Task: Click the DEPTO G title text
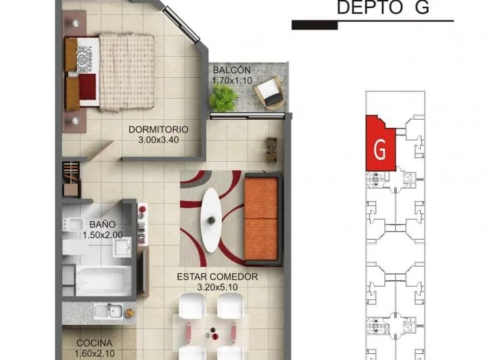383,7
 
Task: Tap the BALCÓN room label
232,70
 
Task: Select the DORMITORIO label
158,129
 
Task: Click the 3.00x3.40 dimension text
158,140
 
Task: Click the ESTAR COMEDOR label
217,277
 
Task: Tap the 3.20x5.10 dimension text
217,287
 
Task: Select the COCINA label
95,343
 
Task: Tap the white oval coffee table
211,220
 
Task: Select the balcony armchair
269,92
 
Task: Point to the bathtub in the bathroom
103,281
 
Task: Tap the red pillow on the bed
87,87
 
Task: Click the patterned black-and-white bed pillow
85,59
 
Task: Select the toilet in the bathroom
72,224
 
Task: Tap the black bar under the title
315,25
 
